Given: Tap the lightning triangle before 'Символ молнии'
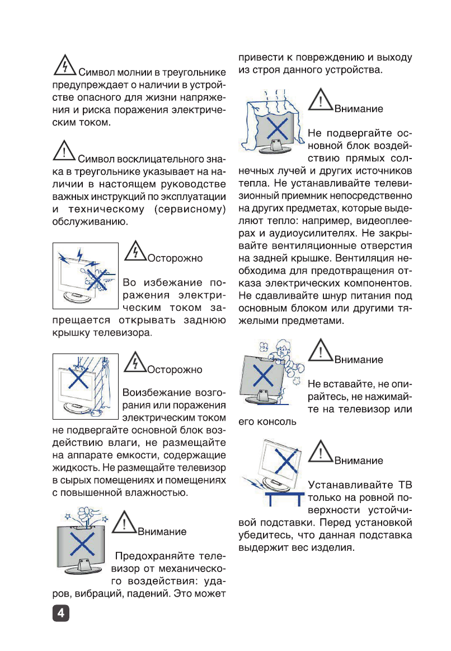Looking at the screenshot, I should [x=65, y=67].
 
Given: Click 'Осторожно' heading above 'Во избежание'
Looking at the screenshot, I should [x=175, y=259].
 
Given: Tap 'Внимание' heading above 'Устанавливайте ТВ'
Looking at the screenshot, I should [x=359, y=461].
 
